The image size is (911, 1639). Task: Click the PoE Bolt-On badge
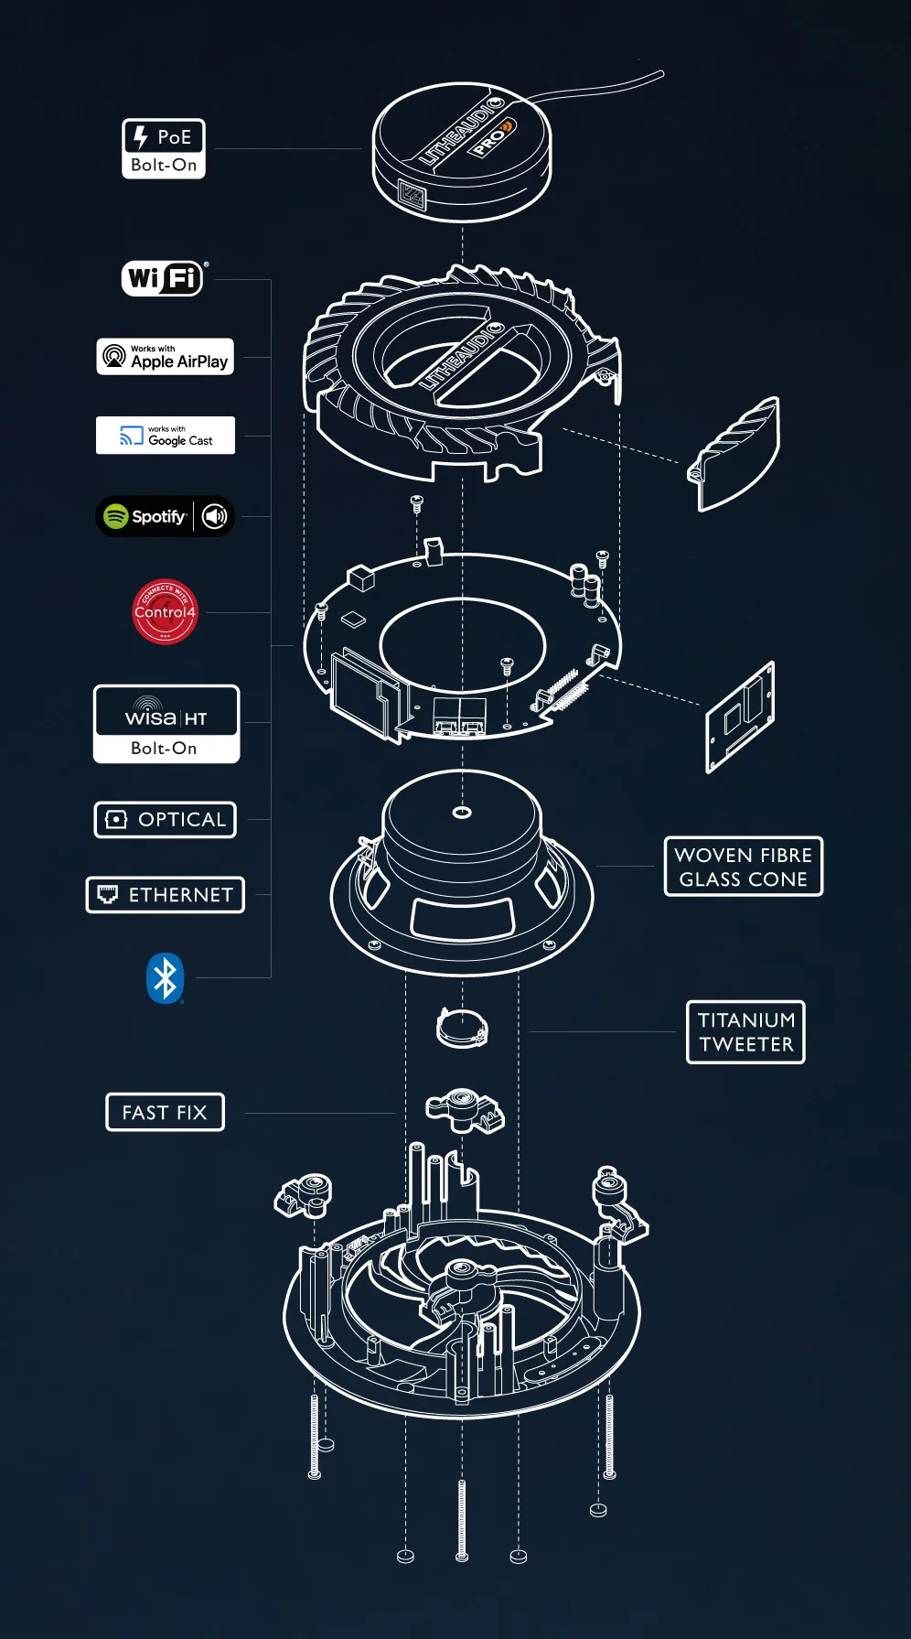164,149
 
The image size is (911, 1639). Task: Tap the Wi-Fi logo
164,277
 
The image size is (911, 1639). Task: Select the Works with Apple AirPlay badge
166,357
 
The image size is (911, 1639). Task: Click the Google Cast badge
166,436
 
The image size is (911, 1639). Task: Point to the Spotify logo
145,516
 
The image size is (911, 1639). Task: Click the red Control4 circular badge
165,611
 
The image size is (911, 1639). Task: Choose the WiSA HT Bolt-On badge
166,724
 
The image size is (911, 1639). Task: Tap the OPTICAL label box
166,820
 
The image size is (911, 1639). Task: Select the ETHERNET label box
166,895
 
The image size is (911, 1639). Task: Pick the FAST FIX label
166,1113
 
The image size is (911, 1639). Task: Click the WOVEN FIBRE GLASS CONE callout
744,867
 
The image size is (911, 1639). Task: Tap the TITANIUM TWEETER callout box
745,1032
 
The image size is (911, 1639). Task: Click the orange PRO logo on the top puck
493,137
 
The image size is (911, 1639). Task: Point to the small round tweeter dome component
462,1028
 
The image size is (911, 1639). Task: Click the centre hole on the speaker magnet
462,812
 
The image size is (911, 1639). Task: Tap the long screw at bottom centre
462,1519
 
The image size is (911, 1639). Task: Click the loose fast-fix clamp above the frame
465,1109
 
